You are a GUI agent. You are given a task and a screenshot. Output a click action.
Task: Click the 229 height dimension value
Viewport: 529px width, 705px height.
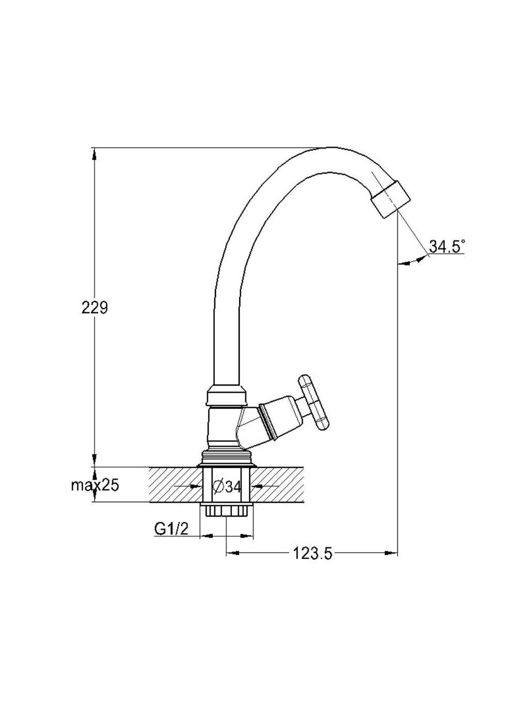tap(95, 307)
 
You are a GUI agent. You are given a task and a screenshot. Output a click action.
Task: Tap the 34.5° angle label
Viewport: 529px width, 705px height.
tap(447, 246)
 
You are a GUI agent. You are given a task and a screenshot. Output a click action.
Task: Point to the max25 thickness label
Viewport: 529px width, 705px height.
tap(95, 494)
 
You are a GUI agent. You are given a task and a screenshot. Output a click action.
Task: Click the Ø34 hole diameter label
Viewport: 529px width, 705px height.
tap(226, 496)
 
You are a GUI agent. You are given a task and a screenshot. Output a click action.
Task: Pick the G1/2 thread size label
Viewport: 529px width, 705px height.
tap(171, 529)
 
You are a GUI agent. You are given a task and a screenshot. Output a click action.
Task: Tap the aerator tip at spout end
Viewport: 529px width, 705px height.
tap(391, 199)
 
